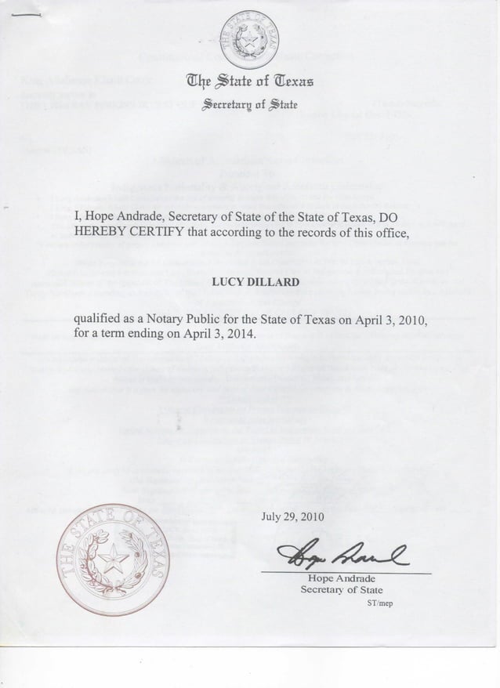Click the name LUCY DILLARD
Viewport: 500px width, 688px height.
(250, 281)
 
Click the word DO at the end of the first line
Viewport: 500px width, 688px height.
(411, 215)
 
